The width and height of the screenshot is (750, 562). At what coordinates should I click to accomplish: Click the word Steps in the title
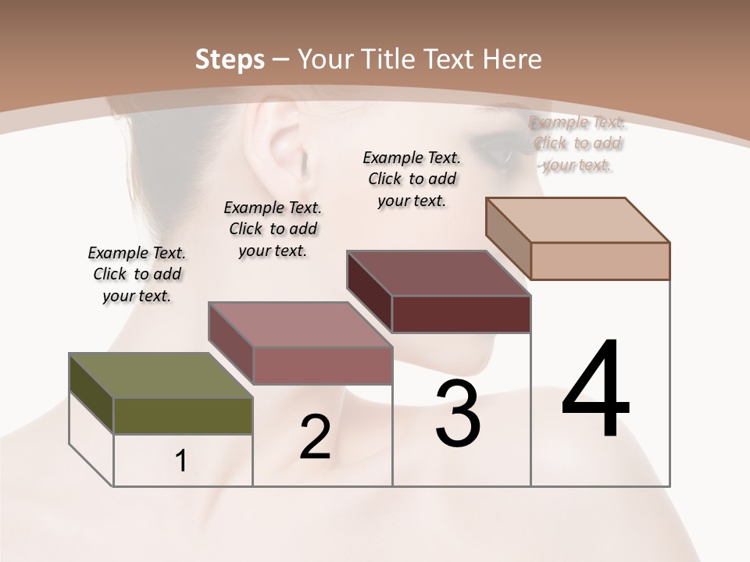click(229, 59)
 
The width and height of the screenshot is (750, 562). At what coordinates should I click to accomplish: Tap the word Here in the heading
click(512, 59)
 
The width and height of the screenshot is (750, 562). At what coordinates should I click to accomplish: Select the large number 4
click(595, 390)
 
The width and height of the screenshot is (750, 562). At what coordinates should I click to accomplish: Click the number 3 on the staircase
click(458, 414)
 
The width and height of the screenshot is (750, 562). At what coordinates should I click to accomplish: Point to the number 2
click(316, 438)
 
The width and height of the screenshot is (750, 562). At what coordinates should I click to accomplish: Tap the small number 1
click(181, 461)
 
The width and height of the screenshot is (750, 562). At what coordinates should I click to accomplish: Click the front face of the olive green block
click(183, 415)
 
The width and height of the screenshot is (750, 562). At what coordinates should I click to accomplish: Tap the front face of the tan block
click(600, 261)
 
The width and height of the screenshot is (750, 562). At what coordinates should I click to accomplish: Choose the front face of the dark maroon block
click(461, 314)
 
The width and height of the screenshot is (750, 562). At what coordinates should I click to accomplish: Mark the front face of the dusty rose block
click(322, 365)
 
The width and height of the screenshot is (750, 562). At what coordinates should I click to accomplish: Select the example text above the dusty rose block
click(273, 229)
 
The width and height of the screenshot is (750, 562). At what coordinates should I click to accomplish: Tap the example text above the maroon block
click(412, 179)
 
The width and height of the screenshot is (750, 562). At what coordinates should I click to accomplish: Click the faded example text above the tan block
click(577, 143)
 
